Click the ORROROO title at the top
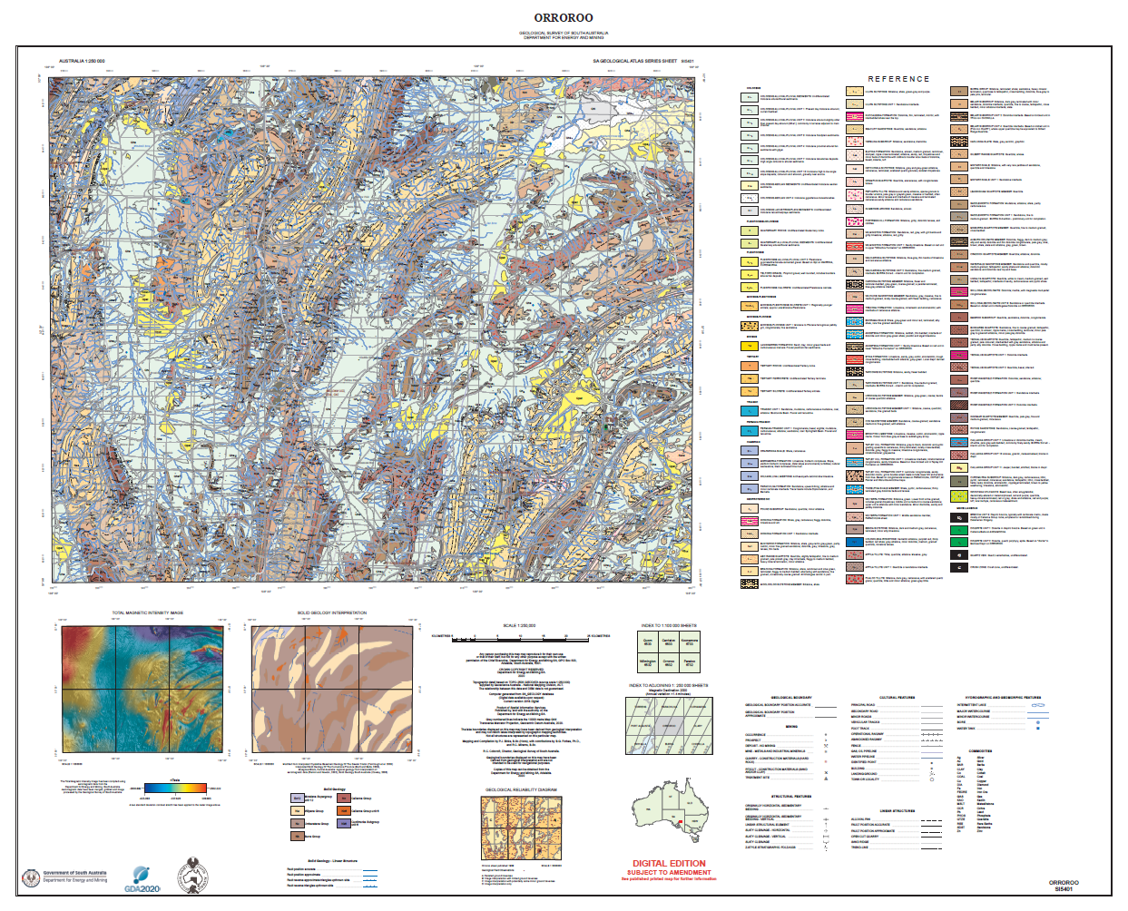point(563,17)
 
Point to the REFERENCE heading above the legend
point(898,79)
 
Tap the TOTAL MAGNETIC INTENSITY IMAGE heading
point(147,613)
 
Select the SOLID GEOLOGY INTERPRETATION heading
point(332,613)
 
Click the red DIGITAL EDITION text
point(669,863)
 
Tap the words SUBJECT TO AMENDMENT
point(669,872)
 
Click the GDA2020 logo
point(142,878)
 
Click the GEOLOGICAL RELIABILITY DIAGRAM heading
point(521,789)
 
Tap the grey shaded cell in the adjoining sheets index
point(669,726)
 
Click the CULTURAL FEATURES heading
point(897,698)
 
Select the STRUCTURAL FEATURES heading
point(790,797)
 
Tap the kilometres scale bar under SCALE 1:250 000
point(521,636)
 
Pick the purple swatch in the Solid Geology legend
point(344,824)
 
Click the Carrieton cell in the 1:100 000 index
point(669,642)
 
